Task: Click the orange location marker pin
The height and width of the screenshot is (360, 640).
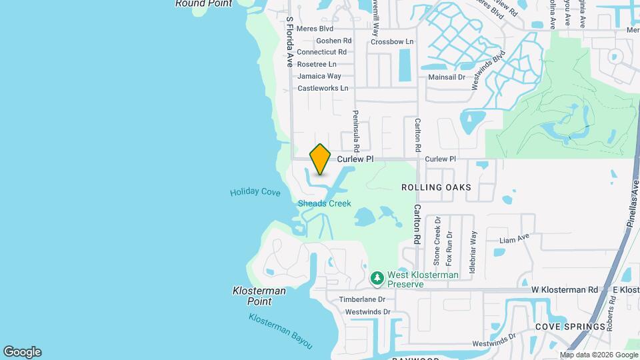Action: (320, 159)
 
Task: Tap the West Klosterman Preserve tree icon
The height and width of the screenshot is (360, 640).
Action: (377, 277)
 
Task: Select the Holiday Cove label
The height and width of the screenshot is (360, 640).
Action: (255, 192)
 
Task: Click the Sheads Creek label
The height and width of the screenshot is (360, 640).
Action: (324, 203)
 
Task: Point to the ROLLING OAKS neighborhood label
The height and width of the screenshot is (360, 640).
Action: (436, 187)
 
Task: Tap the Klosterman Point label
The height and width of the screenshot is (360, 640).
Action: (259, 296)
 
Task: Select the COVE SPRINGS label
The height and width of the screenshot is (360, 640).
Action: (565, 327)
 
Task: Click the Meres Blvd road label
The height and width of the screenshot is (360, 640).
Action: (315, 29)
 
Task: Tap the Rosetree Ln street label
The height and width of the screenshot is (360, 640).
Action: (317, 64)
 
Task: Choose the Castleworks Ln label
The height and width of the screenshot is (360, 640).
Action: (323, 88)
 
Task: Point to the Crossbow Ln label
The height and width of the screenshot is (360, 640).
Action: (392, 41)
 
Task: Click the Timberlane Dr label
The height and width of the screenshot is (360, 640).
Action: (362, 300)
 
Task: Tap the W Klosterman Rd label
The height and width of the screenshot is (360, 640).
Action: (564, 290)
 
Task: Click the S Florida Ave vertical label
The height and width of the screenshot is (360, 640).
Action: (290, 42)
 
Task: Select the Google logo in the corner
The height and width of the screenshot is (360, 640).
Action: (22, 352)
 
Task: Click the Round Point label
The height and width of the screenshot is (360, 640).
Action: (203, 4)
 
